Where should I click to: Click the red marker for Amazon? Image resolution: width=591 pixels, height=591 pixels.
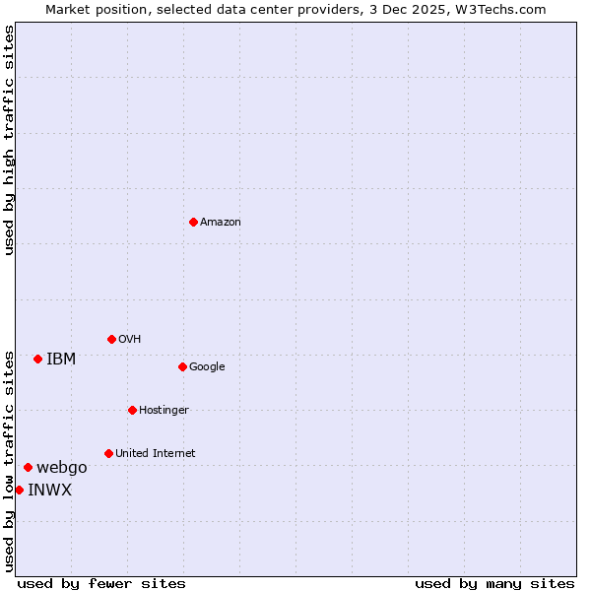pos(193,222)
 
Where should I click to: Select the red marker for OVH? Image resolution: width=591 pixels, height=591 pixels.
pos(111,339)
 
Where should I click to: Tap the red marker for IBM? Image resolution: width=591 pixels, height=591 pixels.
pos(37,359)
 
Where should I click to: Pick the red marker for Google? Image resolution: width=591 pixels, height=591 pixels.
pos(182,366)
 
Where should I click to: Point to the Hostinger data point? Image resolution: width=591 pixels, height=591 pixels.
pos(132,410)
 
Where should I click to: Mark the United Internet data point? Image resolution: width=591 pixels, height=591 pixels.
pos(108,453)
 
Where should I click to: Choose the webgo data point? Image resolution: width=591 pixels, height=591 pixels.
pos(28,467)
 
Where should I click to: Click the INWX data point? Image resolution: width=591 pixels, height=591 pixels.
pos(19,490)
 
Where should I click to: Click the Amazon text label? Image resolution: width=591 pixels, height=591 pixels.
pos(221,223)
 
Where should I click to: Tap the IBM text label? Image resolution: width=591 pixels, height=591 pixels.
pos(61,360)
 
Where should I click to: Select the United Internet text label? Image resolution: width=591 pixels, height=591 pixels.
pos(156,454)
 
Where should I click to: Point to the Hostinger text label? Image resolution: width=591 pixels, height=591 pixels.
pos(164,411)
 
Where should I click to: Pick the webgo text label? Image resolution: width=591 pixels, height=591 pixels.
pos(62,468)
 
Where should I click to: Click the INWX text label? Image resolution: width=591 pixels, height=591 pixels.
pos(49,491)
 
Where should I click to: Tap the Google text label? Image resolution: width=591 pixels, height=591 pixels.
pos(207,367)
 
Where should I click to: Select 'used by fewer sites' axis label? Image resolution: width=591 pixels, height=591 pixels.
pos(101,583)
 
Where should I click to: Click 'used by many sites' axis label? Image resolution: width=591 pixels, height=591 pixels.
pos(494,583)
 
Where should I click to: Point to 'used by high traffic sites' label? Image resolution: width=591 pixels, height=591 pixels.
pos(9,140)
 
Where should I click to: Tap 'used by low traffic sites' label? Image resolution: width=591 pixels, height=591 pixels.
pos(9,460)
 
